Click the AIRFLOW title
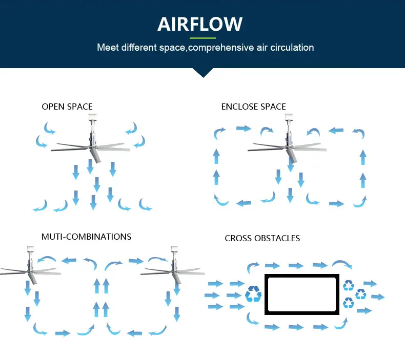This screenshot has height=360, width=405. click(x=200, y=24)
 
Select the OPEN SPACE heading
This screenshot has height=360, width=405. click(x=67, y=107)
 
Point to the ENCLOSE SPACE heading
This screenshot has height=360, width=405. click(x=253, y=107)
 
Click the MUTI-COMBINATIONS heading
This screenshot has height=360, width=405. click(x=86, y=237)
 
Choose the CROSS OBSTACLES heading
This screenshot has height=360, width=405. click(x=262, y=238)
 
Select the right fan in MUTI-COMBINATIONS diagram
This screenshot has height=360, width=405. click(x=172, y=269)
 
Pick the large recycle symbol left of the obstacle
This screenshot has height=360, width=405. click(x=253, y=294)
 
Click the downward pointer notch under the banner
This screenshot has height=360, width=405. click(x=204, y=72)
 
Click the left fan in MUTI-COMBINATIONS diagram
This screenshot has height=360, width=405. click(x=28, y=269)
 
